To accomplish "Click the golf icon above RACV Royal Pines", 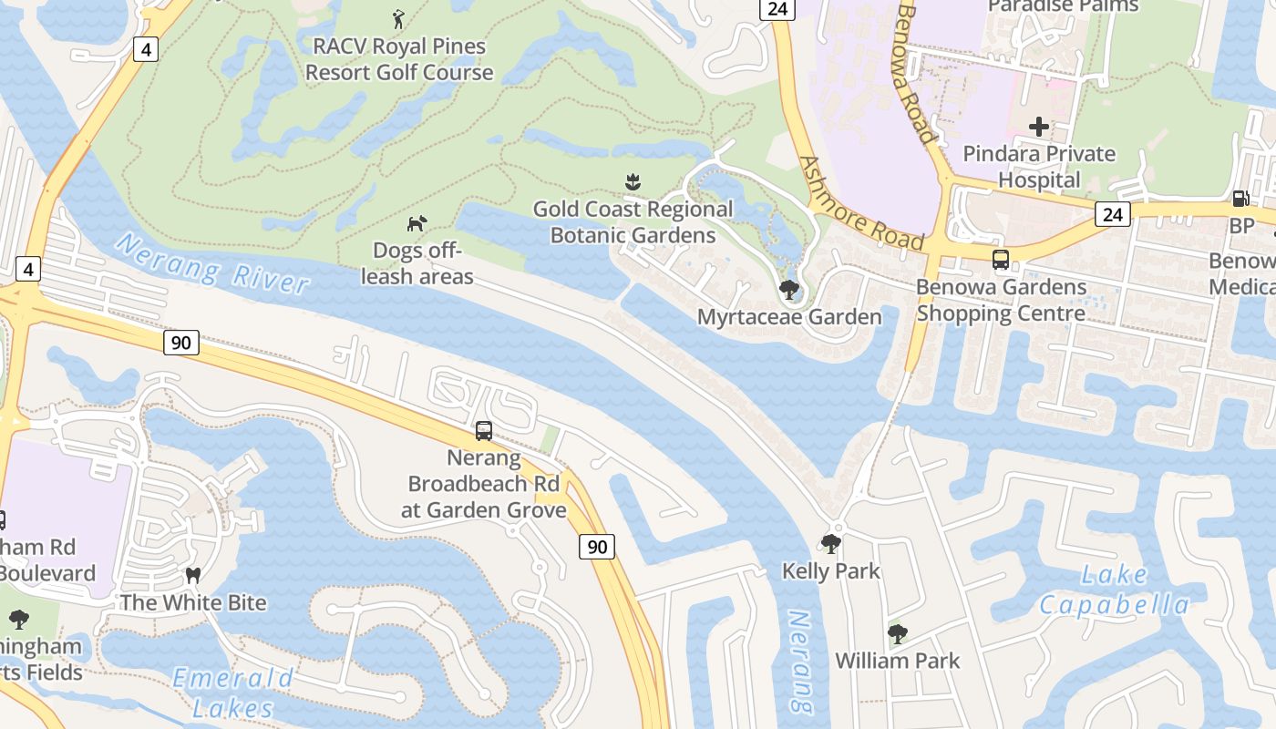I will pos(398,18).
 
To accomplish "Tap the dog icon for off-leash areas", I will pos(417,223).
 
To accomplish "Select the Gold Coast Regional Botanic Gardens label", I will pos(633,222).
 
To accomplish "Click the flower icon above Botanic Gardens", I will pos(633,182).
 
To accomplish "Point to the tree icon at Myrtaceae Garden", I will pos(788,290).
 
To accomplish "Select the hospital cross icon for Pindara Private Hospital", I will pos(1038,127).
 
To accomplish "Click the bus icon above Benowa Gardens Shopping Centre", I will pos(1001,260).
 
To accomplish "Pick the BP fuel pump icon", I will pos(1240,198).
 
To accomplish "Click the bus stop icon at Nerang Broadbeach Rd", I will pos(484,430).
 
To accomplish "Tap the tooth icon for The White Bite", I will pos(192,575).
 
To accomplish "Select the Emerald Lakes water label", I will pos(233,693).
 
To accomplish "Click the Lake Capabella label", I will pos(1114,590).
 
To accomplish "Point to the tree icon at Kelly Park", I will pos(830,544).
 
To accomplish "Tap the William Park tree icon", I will pos(898,633).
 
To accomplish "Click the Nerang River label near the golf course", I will pos(212,264).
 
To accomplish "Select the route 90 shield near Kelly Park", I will pos(596,547).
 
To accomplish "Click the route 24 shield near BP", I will pos(1113,214).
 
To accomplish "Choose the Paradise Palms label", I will pos(1063,6).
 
